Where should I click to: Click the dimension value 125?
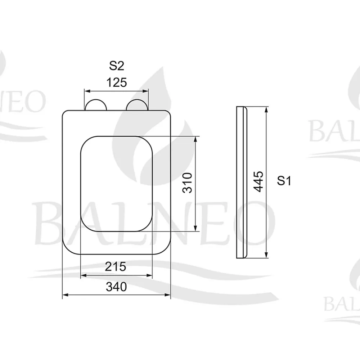(116, 82)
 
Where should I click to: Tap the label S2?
(116, 66)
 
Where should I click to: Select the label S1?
(284, 180)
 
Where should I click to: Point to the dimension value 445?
(258, 181)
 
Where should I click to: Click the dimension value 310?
(187, 183)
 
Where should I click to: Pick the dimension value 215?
(116, 266)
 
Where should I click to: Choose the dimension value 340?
(116, 287)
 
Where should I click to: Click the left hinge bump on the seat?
(96, 105)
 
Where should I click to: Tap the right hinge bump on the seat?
(137, 105)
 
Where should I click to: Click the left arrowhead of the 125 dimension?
(87, 91)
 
